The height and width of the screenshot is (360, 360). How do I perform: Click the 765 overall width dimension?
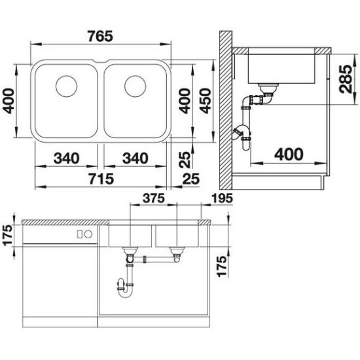(100, 36)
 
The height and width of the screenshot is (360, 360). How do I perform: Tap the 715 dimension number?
(101, 179)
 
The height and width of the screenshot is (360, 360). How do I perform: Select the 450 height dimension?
(205, 101)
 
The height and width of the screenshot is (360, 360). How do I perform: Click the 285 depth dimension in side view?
(346, 79)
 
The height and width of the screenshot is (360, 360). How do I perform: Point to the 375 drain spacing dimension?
(154, 198)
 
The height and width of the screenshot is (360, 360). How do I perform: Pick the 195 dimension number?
(222, 198)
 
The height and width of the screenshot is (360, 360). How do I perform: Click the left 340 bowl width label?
(66, 158)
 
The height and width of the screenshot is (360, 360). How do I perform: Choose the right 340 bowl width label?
(135, 158)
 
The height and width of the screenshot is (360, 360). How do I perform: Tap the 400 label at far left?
(9, 101)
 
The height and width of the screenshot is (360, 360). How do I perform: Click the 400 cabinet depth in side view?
(289, 154)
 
